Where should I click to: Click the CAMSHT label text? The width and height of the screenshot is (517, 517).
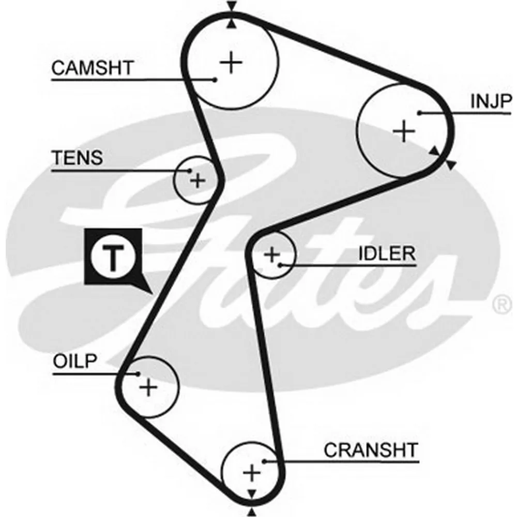pos(93,68)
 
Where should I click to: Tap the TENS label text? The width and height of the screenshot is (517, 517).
pos(77,158)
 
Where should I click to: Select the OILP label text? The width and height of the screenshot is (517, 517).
pos(75,361)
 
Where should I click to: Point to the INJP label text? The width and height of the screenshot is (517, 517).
pos(491,101)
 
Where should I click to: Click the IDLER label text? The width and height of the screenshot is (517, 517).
pos(387,253)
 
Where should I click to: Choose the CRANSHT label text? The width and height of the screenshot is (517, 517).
pos(371,450)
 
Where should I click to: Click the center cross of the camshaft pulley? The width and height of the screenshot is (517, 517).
pos(232,63)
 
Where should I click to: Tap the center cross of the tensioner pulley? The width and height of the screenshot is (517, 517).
pos(198,180)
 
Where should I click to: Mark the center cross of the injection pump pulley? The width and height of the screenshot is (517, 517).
pos(404,131)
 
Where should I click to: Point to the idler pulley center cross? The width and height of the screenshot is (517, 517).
pos(272,254)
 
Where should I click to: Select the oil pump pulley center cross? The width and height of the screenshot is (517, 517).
pos(148,387)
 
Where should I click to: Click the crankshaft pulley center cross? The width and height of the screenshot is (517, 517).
pos(252,473)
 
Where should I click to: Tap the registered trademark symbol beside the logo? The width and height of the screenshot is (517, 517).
pos(502,304)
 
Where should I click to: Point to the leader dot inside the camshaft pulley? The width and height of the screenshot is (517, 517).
pos(215,80)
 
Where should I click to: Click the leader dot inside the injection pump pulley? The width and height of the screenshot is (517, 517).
pos(419,113)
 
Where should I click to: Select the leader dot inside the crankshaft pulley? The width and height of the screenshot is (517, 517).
pos(264,461)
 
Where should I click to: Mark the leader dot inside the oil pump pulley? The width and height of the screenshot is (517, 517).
pos(138,374)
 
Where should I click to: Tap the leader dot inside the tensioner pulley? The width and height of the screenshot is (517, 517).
pos(189,171)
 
